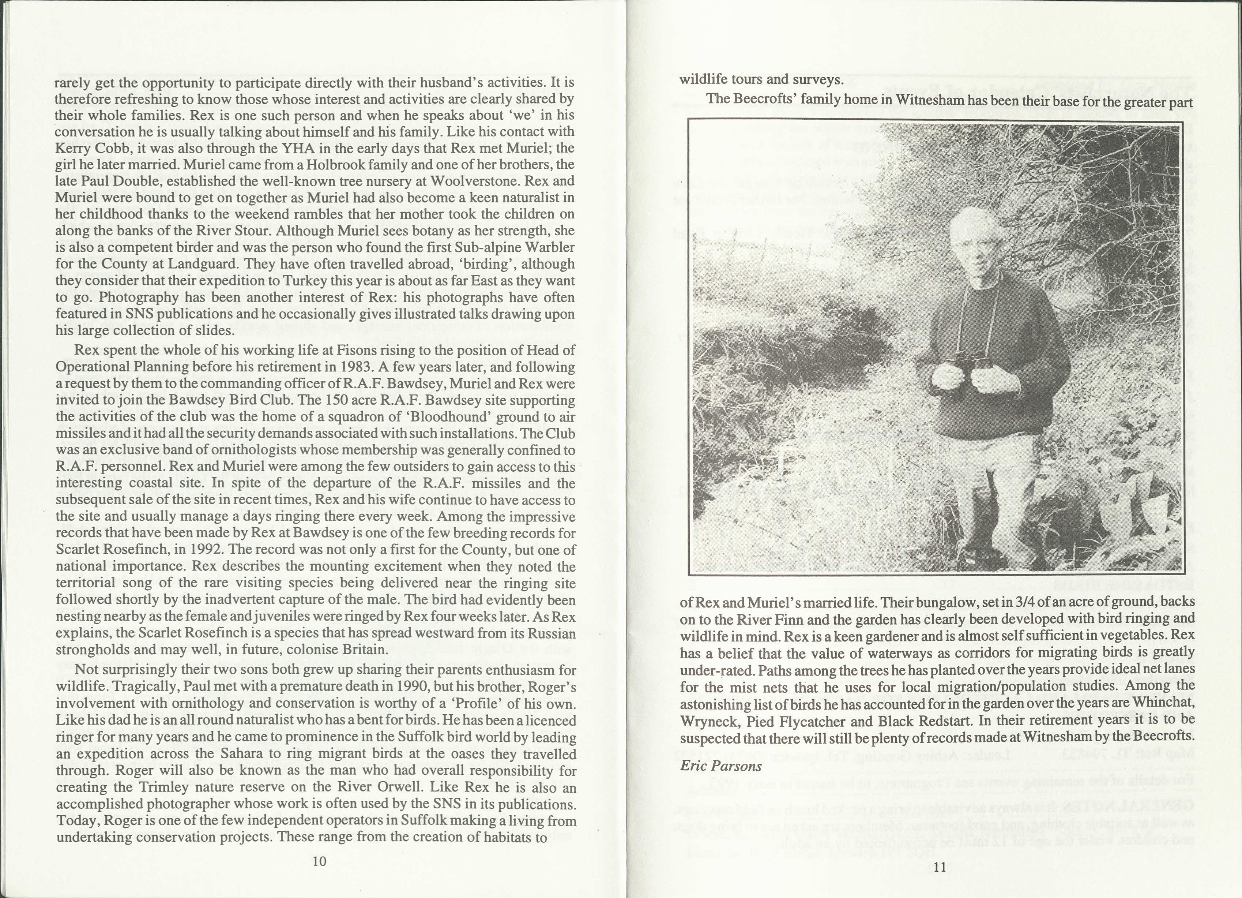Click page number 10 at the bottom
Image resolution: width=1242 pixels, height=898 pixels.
coord(319,861)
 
